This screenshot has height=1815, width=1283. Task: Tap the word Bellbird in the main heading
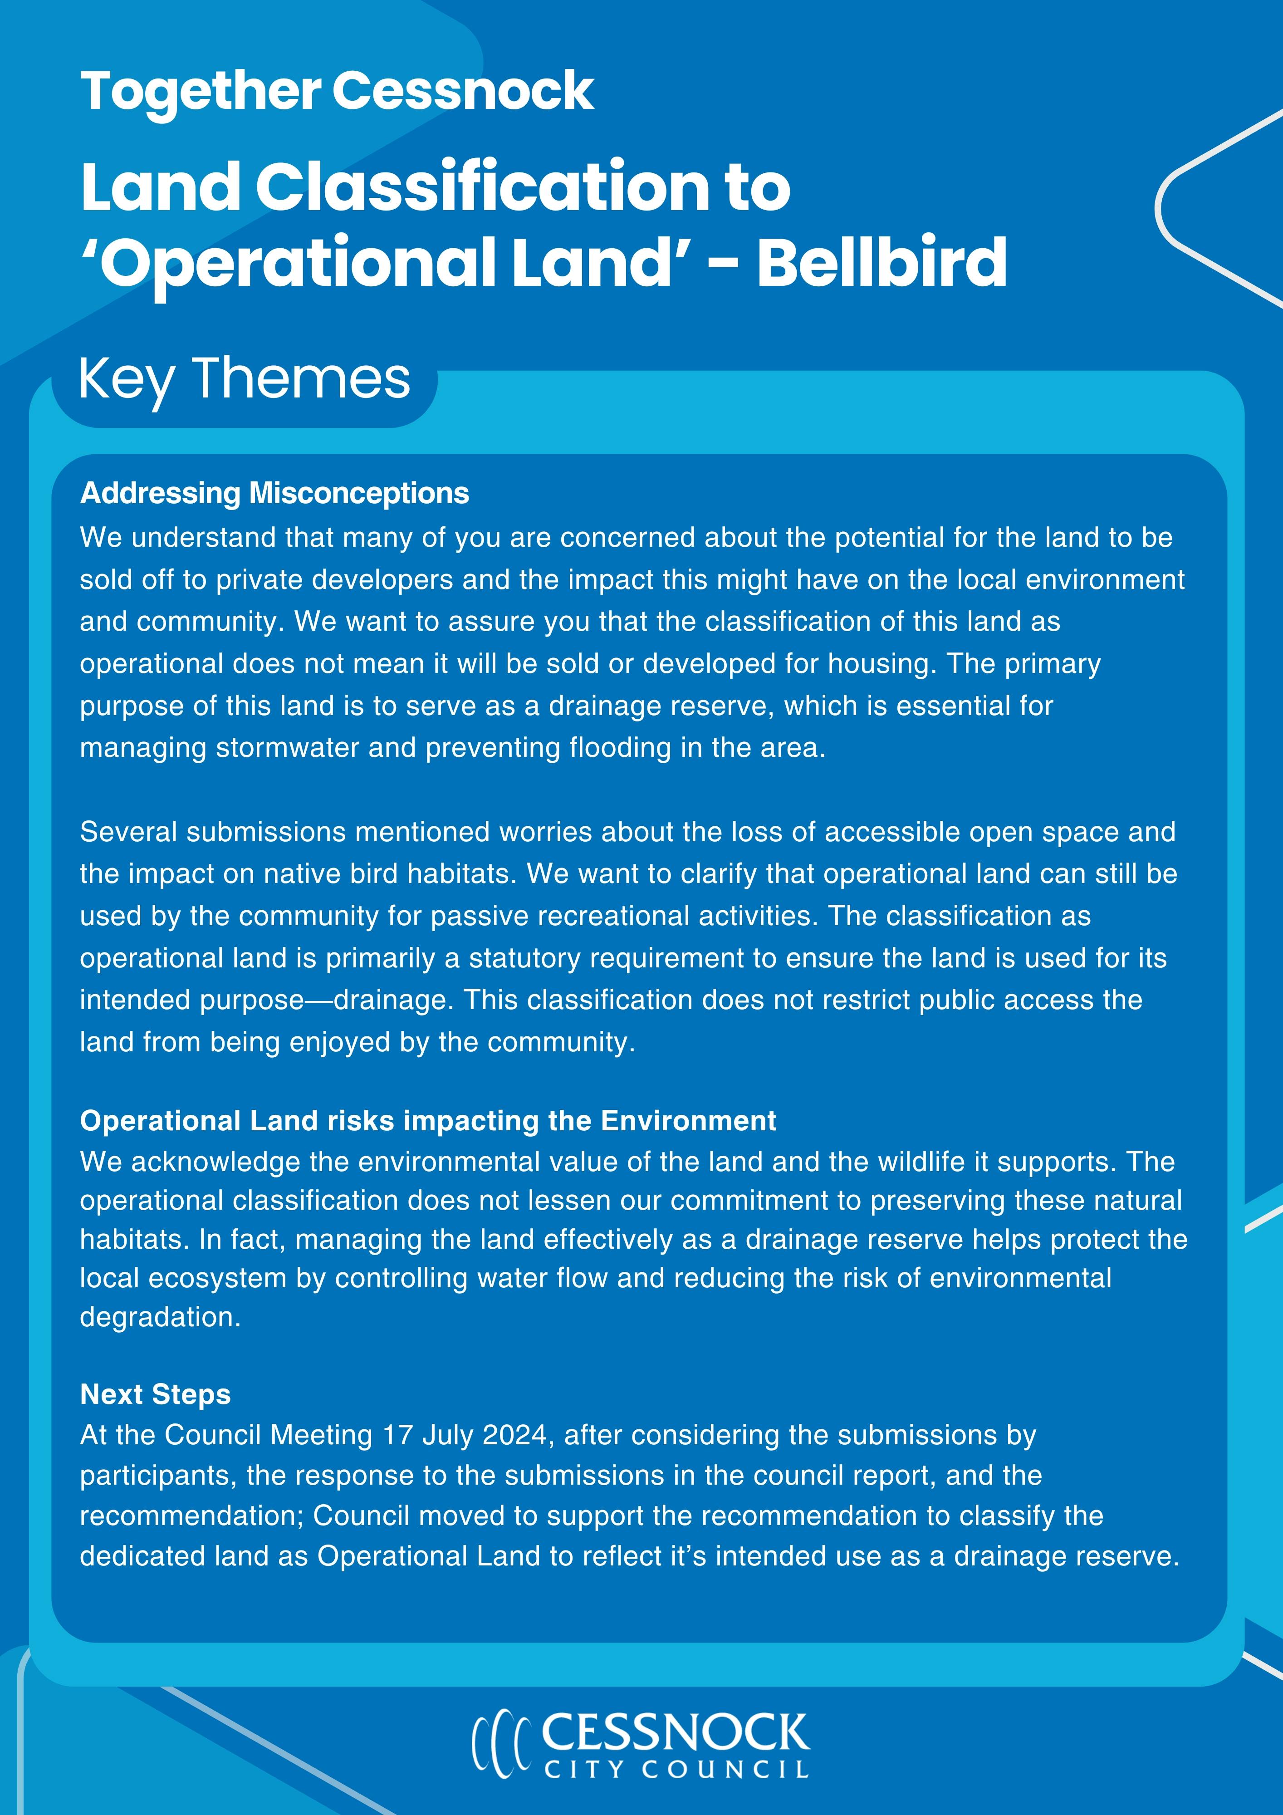[x=881, y=262]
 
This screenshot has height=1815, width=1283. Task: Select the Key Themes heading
[x=245, y=379]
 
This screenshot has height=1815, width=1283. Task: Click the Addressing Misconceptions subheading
[x=274, y=493]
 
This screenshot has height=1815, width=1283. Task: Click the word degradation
[x=160, y=1317]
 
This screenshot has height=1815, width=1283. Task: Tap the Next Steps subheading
[x=155, y=1394]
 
